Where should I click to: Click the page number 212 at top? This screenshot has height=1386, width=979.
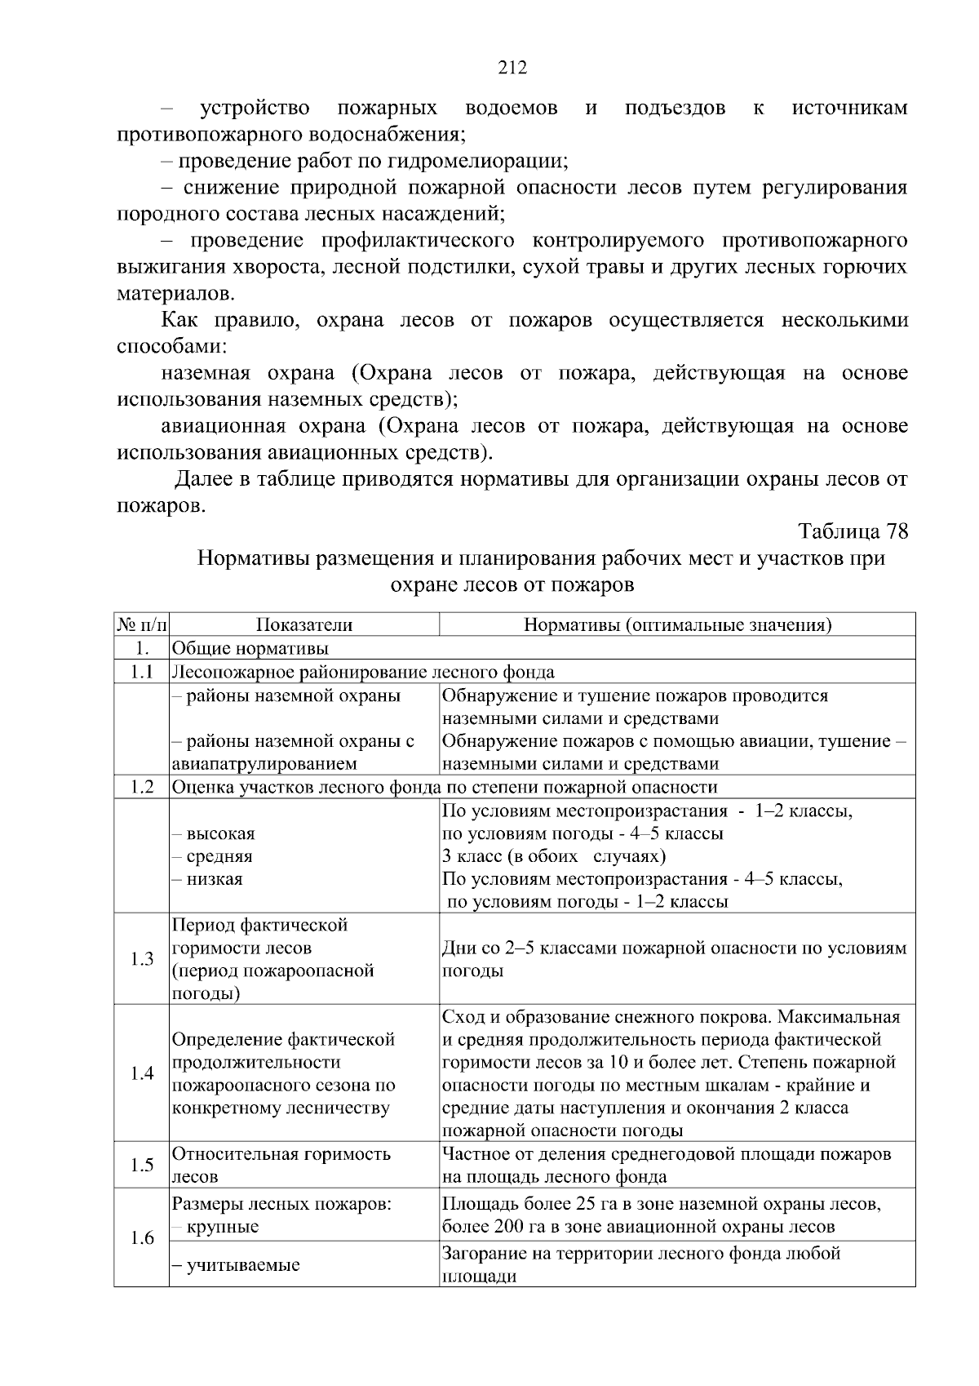point(512,68)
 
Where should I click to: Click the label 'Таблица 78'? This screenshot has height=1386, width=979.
point(853,531)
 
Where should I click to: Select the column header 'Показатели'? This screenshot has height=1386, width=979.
point(304,625)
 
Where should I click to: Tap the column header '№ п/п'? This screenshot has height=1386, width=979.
point(141,625)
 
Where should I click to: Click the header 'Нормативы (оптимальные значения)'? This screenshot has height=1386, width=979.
point(677,625)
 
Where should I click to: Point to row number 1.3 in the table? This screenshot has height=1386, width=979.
point(142,958)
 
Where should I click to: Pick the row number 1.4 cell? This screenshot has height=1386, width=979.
point(142,1073)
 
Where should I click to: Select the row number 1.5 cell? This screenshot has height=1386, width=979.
point(142,1165)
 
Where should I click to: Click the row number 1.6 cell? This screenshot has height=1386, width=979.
point(142,1237)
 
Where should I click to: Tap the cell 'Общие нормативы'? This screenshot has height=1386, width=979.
point(250,649)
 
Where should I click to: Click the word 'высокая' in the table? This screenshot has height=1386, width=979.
point(220,834)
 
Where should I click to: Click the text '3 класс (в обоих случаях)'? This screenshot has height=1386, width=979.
point(554,856)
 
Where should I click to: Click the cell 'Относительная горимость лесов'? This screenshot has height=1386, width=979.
point(281,1165)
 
